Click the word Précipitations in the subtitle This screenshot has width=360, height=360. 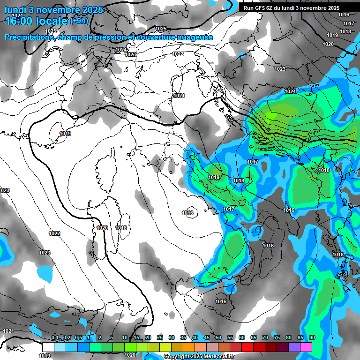click(28, 37)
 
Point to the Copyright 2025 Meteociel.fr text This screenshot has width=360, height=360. click(199, 356)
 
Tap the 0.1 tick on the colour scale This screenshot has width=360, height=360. click(55, 338)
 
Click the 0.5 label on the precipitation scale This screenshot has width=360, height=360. click(78, 338)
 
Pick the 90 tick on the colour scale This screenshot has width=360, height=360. click(312, 338)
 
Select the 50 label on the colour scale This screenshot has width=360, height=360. click(218, 338)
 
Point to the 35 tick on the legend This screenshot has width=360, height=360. click(183, 338)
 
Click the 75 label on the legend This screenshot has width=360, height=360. click(277, 338)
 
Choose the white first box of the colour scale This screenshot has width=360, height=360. click(48, 347)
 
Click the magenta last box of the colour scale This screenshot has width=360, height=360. click(306, 347)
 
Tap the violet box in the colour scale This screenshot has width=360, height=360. click(294, 347)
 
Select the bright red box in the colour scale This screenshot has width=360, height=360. click(247, 347)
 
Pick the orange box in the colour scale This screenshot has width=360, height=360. click(189, 347)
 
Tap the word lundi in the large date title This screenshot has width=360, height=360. click(15, 8)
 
